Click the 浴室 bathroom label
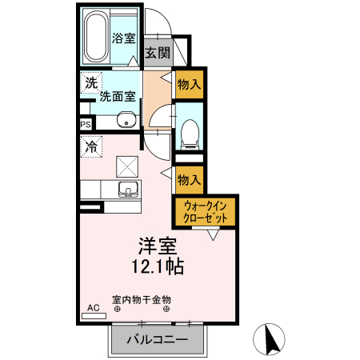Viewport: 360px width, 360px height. (122, 38)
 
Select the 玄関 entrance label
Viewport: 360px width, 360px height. (158, 53)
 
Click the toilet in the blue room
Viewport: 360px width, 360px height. (190, 132)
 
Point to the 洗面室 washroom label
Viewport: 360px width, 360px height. (116, 97)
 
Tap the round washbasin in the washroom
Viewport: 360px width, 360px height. (126, 121)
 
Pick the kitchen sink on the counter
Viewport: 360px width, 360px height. (127, 190)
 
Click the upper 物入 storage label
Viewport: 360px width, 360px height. (190, 83)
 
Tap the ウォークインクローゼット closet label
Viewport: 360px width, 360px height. (206, 211)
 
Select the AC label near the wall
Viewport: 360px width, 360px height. (92, 307)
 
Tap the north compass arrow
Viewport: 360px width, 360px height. (270, 338)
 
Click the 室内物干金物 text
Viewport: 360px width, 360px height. (142, 299)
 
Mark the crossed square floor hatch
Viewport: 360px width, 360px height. (126, 166)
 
